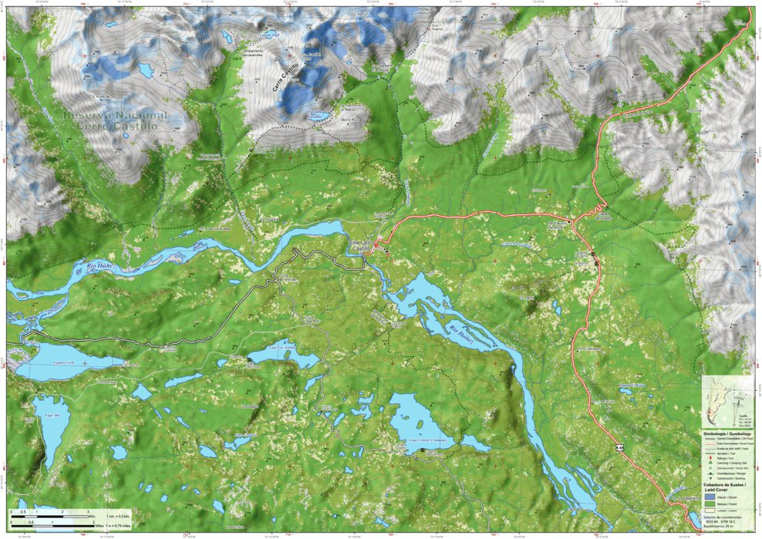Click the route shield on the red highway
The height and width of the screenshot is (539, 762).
tap(619, 447)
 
